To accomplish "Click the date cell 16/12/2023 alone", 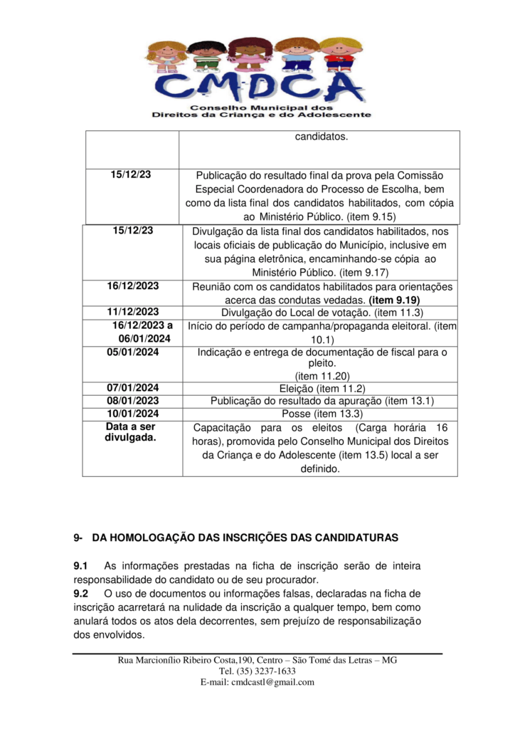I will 133,285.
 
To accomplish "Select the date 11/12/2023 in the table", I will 133,312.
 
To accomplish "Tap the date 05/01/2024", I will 133,352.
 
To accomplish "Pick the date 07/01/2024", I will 133,388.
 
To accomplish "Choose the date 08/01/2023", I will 133,401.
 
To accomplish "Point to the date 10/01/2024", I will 133,414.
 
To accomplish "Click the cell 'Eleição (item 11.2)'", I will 322,388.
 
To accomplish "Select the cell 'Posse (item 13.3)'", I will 322,414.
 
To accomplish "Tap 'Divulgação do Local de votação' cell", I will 322,312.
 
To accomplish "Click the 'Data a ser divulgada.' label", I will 131,433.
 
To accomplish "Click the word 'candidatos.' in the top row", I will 322,137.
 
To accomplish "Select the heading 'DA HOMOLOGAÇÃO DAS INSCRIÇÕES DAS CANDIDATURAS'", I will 245,537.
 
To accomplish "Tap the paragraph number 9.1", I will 80,566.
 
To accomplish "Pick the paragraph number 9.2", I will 80,593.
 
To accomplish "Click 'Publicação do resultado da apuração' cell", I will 322,401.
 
